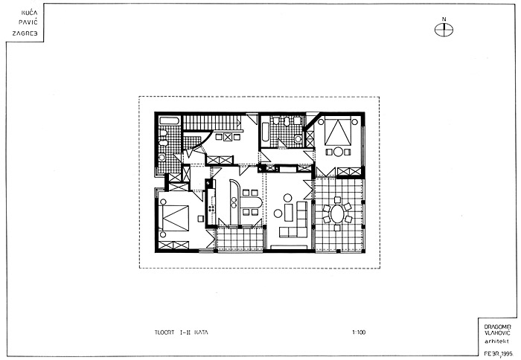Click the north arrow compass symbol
(x=444, y=29)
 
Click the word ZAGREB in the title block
(x=25, y=33)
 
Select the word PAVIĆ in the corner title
(x=28, y=23)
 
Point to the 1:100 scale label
(x=359, y=332)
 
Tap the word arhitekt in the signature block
(x=497, y=341)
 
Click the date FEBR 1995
(x=498, y=353)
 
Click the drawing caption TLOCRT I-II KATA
(x=182, y=332)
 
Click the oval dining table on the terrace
(x=337, y=214)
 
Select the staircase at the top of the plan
(x=212, y=122)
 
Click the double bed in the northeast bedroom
(x=338, y=131)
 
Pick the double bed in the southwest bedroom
(x=173, y=218)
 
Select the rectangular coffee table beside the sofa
(x=289, y=213)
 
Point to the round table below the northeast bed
(x=338, y=152)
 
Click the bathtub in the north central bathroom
(x=265, y=132)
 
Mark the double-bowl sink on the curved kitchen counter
(x=234, y=202)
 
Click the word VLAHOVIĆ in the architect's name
(x=497, y=333)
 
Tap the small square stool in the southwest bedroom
(x=200, y=219)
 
